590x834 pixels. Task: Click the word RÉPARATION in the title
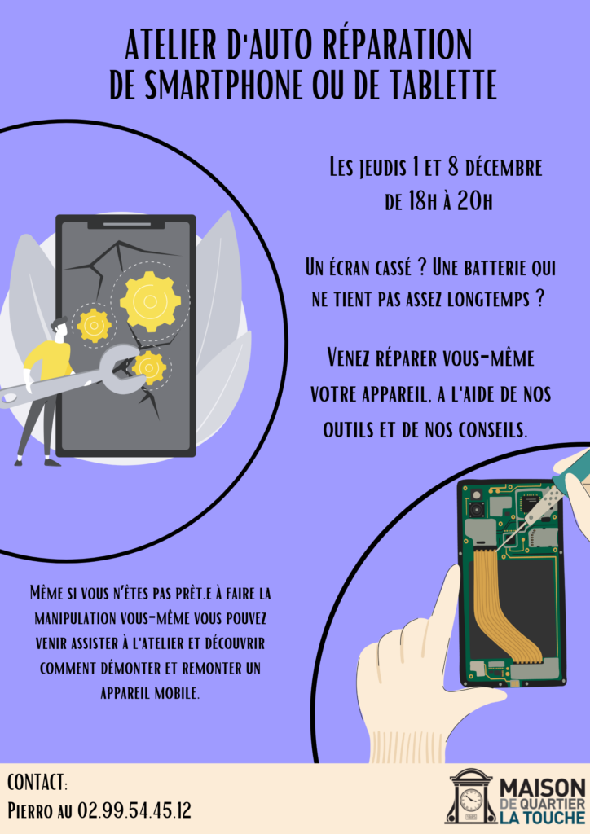pyautogui.click(x=398, y=45)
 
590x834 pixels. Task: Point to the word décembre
pyautogui.click(x=504, y=168)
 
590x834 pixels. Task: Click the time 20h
pyautogui.click(x=474, y=202)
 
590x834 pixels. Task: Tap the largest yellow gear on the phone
pyautogui.click(x=151, y=302)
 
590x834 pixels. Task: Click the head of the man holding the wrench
pyautogui.click(x=59, y=327)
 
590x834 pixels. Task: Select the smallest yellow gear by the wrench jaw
pyautogui.click(x=149, y=367)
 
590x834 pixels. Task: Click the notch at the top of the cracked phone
pyautogui.click(x=126, y=224)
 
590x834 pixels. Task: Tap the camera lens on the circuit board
pyautogui.click(x=476, y=510)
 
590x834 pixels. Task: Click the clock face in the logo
pyautogui.click(x=471, y=800)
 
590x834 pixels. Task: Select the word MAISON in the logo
pyautogui.click(x=543, y=788)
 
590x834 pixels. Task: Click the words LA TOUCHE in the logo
pyautogui.click(x=543, y=817)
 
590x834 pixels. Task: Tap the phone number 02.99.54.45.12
pyautogui.click(x=134, y=810)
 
